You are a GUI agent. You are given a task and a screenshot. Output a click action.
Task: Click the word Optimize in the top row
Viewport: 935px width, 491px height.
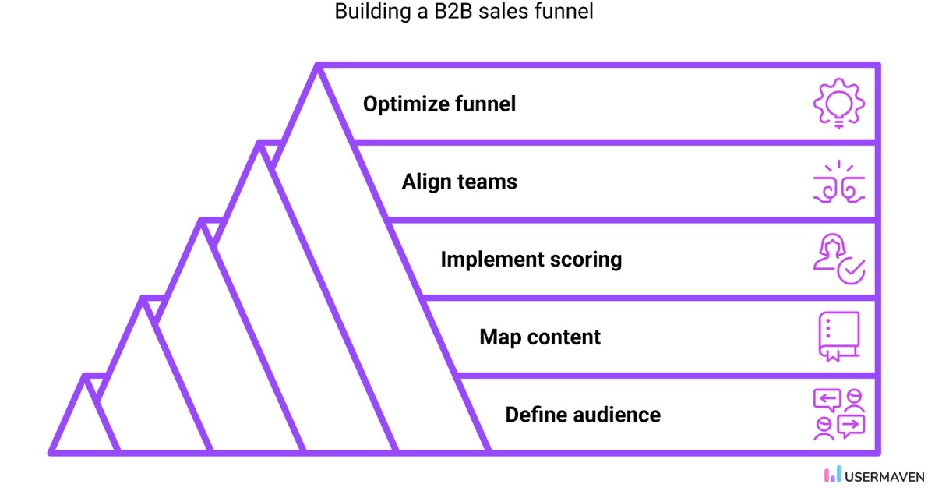point(406,104)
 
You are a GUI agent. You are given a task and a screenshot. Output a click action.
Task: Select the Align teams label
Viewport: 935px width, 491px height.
point(459,182)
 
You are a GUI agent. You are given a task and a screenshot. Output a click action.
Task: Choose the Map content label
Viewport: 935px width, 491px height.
point(540,337)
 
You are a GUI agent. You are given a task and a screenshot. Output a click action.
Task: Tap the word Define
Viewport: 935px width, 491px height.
point(534,414)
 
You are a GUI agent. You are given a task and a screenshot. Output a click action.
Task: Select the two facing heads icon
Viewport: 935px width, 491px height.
point(838,184)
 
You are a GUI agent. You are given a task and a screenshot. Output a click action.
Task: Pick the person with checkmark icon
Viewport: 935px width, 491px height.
point(838,260)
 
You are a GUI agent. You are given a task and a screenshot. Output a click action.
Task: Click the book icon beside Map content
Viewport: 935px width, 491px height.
point(838,337)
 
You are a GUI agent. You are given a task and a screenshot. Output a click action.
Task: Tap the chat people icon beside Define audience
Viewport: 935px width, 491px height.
point(838,414)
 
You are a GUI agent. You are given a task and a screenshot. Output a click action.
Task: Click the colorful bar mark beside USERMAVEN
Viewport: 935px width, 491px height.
point(832,474)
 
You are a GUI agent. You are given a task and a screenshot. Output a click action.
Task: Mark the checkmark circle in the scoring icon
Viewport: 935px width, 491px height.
point(851,270)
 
